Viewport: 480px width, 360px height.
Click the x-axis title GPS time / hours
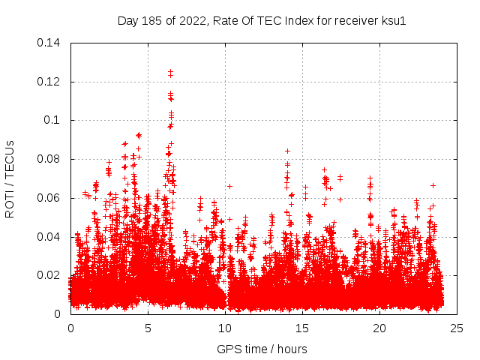262,349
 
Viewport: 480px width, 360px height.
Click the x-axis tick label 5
148,328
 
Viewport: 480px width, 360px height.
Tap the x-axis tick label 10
225,328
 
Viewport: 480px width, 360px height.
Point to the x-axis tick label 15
302,328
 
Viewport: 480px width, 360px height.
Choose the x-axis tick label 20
379,328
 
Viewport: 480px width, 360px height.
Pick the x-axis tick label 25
457,328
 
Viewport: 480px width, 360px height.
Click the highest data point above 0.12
170,72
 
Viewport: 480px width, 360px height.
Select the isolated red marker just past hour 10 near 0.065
229,186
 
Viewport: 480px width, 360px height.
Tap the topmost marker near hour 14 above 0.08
287,151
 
